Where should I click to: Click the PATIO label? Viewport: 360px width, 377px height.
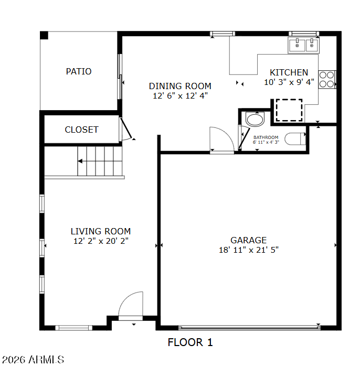79,71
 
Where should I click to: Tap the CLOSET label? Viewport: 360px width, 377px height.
81,130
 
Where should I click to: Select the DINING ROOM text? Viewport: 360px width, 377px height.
180,86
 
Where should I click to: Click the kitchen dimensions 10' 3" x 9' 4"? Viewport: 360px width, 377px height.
289,82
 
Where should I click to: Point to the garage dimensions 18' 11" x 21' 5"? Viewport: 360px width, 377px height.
249,250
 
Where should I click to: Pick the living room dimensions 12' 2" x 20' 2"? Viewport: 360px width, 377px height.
101,241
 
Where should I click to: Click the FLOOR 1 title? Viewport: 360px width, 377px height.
190,342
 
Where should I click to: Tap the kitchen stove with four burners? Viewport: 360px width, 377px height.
327,80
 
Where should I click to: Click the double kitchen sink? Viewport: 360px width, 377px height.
304,45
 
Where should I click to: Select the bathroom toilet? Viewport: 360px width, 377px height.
295,139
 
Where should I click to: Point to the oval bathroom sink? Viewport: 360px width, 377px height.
255,120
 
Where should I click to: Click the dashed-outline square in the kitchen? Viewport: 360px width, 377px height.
289,110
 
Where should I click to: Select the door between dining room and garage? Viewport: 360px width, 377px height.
221,140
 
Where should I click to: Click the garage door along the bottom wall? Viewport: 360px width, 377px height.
249,328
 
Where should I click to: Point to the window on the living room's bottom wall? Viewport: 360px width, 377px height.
74,328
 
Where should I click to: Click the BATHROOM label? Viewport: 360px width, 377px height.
266,137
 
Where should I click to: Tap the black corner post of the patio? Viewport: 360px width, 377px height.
44,35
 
